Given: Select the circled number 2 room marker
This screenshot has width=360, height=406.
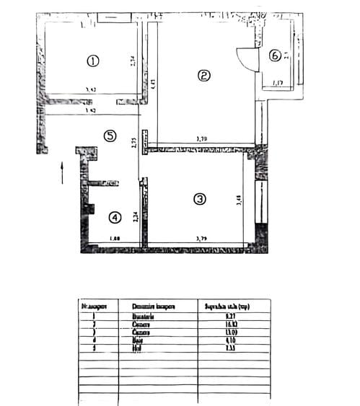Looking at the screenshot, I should (x=204, y=75).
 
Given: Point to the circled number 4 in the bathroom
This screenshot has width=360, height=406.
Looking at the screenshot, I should (x=114, y=216).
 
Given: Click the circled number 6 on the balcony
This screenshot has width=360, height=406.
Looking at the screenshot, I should (x=275, y=55).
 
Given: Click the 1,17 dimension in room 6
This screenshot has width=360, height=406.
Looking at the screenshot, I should (x=277, y=81).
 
